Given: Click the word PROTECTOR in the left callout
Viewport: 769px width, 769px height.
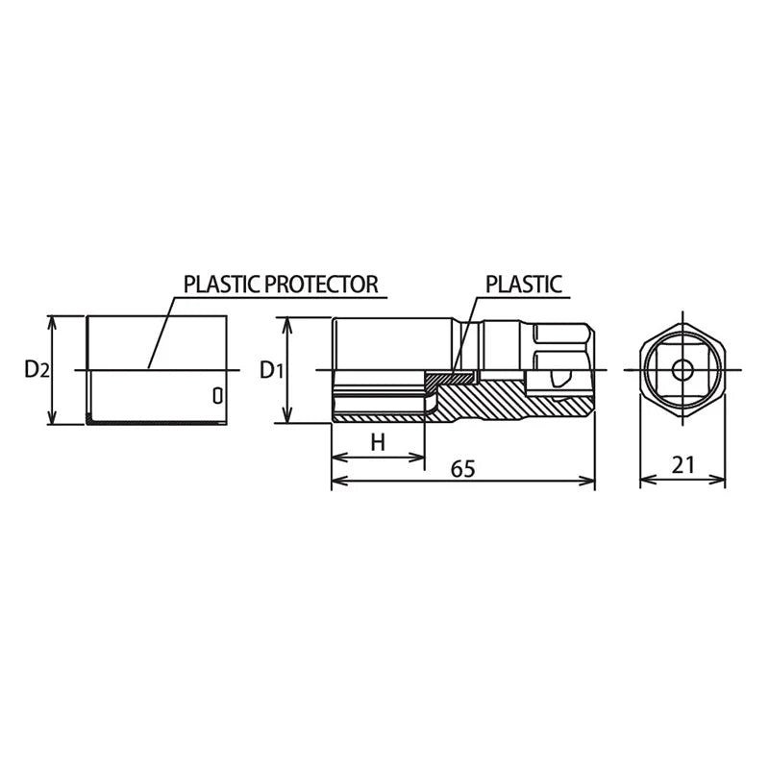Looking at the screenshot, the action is pyautogui.click(x=322, y=285).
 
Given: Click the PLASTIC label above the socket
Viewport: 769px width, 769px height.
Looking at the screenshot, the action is pyautogui.click(x=524, y=285).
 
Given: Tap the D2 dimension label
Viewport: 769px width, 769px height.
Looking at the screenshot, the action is pyautogui.click(x=37, y=369).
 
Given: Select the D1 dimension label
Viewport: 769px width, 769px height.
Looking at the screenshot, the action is pyautogui.click(x=271, y=370).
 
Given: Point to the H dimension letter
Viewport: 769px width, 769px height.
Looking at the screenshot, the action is pyautogui.click(x=378, y=443).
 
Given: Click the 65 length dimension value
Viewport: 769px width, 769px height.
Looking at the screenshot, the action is pyautogui.click(x=463, y=469).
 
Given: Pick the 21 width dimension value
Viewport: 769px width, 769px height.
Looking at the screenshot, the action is pyautogui.click(x=683, y=464).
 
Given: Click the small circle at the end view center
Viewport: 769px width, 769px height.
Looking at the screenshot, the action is pyautogui.click(x=682, y=370).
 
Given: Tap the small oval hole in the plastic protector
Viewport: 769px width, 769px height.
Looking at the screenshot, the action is pyautogui.click(x=218, y=396).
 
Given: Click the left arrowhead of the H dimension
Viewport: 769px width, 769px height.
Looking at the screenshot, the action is pyautogui.click(x=339, y=458).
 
